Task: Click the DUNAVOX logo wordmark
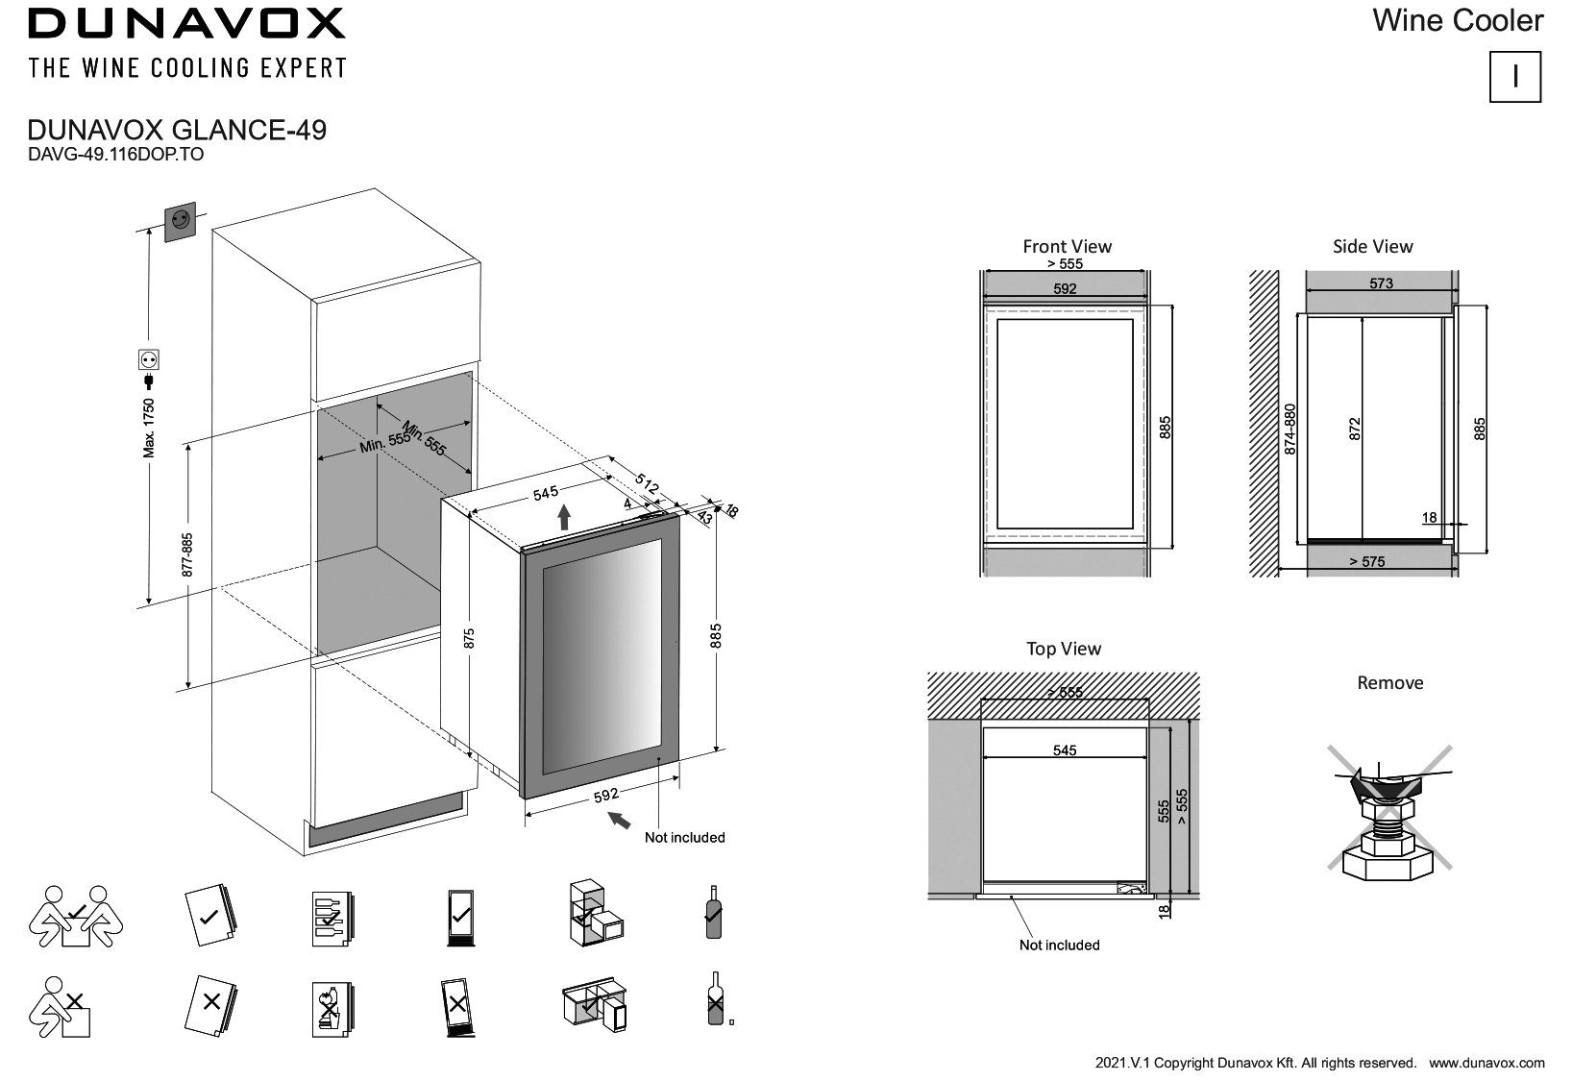coord(186,24)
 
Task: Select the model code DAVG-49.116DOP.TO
coord(115,155)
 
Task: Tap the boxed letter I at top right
coord(1514,77)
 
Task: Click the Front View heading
coord(1067,247)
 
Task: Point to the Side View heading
coord(1372,247)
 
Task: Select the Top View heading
coord(1063,649)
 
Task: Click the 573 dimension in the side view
coord(1381,283)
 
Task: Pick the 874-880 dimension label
coord(1290,429)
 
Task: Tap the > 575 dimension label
coord(1366,562)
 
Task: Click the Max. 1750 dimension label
coord(149,427)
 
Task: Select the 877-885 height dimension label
coord(188,554)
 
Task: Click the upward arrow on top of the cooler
coord(564,518)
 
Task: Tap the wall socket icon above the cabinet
coord(180,221)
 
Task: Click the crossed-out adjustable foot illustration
coord(1389,817)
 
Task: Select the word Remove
coord(1389,683)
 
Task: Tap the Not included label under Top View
coord(1059,946)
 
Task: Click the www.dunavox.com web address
coord(1486,1063)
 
